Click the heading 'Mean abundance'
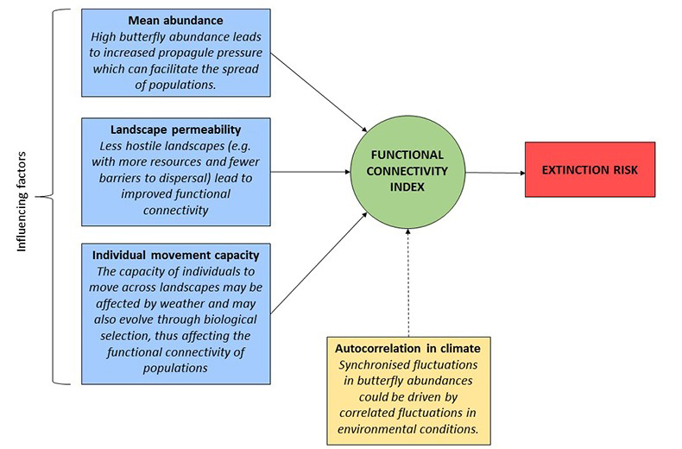[x=176, y=20]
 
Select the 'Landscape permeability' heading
[x=176, y=130]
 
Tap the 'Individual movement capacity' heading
[x=176, y=256]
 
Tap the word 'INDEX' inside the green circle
[x=409, y=187]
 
